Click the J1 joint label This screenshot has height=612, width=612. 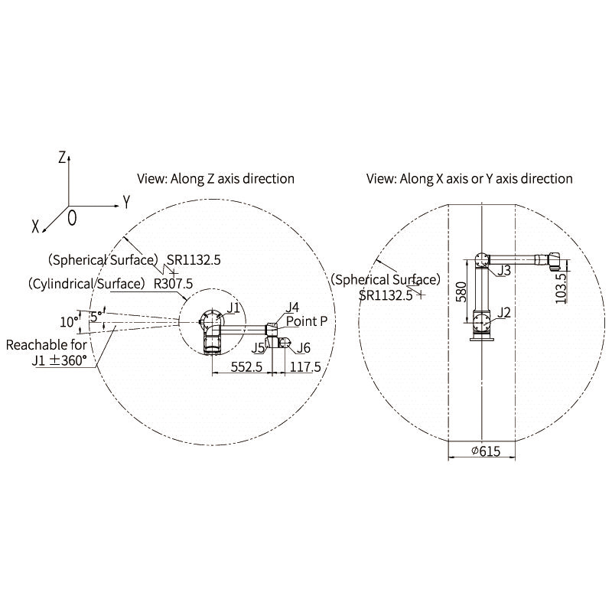click(x=233, y=308)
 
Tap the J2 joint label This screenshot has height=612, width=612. click(x=504, y=313)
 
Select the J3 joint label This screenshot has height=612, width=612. click(x=504, y=270)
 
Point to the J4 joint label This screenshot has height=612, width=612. click(x=292, y=308)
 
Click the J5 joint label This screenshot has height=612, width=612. click(x=258, y=348)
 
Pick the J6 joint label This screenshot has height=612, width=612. click(x=303, y=348)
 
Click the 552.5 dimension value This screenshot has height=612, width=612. click(x=246, y=367)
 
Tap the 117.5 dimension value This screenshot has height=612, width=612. click(x=305, y=367)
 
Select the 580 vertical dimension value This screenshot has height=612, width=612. click(x=461, y=291)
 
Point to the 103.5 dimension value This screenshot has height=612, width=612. click(x=561, y=288)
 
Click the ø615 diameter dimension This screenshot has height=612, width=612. click(x=486, y=451)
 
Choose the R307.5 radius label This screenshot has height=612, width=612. click(x=174, y=284)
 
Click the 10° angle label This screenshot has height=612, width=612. click(x=70, y=322)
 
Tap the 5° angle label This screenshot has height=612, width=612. click(x=96, y=316)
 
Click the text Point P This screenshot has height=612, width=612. click(x=307, y=321)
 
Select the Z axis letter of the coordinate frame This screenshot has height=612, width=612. click(x=62, y=158)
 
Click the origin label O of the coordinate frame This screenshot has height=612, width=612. click(x=72, y=218)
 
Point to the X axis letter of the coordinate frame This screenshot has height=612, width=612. click(x=35, y=226)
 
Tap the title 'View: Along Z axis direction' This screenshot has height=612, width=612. click(x=216, y=179)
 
